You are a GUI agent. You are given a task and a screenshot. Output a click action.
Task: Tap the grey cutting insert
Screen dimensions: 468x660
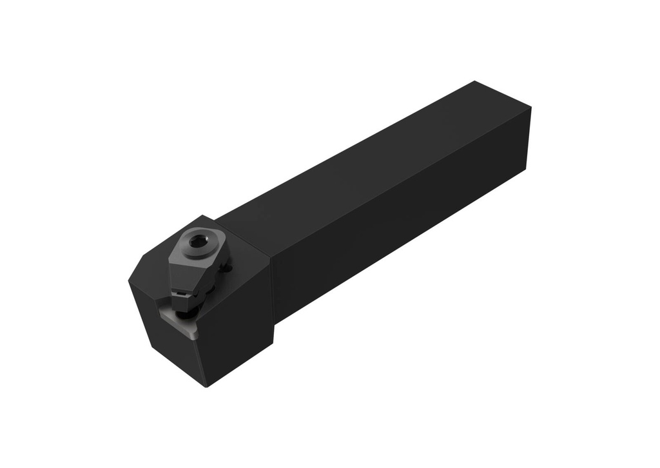[x=183, y=325]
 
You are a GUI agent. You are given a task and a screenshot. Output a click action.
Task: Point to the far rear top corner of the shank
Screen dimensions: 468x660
[x=474, y=81]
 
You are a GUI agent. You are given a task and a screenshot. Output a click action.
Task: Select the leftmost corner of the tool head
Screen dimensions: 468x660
[x=129, y=278]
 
